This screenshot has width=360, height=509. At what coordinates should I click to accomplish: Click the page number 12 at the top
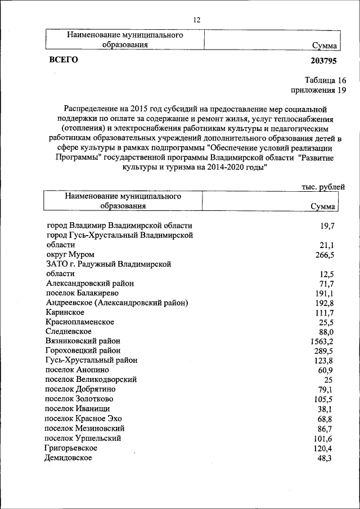point(196,20)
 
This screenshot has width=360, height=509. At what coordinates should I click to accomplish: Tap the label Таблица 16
point(326,80)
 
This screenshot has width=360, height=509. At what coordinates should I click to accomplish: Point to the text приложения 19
point(318,90)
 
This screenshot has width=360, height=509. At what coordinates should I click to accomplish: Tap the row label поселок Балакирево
point(83,293)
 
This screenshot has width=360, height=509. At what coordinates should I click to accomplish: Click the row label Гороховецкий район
point(84,350)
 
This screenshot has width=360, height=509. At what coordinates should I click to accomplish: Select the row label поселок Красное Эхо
point(83,418)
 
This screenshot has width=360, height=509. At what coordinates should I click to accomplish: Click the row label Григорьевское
point(71,448)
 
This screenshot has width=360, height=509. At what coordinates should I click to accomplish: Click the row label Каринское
point(66,312)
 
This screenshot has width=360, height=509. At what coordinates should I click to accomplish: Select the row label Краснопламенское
point(80,322)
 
